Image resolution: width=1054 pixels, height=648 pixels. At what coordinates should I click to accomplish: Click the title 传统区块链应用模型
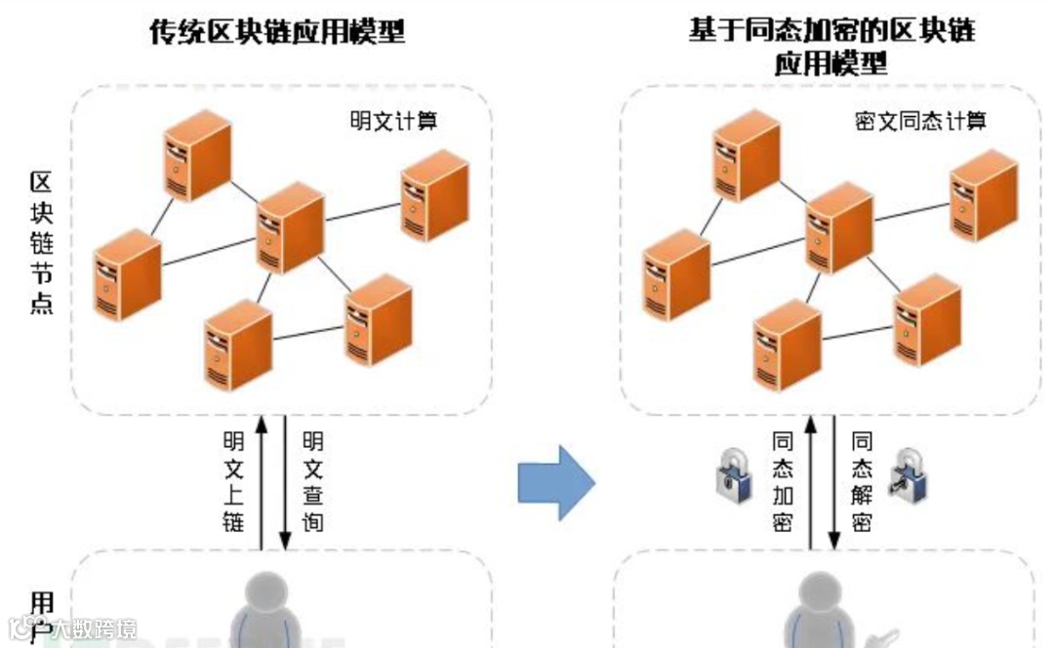click(x=277, y=32)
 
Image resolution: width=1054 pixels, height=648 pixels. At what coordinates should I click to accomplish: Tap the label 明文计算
click(x=393, y=122)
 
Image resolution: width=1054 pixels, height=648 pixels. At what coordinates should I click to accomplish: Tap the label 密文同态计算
click(x=920, y=122)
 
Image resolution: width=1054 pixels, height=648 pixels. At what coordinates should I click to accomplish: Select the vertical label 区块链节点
click(x=41, y=242)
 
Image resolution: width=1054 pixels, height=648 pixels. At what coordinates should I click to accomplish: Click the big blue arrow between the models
click(x=556, y=482)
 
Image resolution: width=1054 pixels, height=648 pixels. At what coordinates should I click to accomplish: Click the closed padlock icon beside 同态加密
click(x=734, y=476)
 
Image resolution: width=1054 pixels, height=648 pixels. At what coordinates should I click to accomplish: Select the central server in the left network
click(x=290, y=227)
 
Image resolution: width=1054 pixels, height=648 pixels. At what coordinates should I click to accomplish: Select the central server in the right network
click(x=839, y=227)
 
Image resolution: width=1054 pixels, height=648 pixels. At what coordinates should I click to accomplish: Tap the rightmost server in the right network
click(x=984, y=196)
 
